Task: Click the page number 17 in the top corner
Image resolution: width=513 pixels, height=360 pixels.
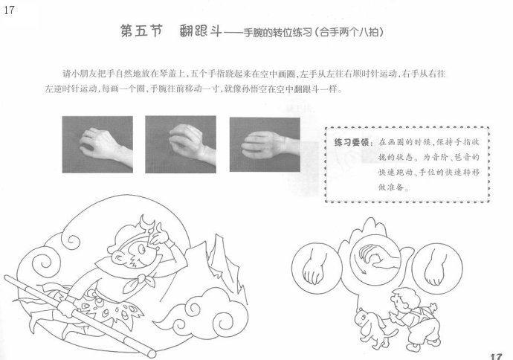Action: tap(9, 10)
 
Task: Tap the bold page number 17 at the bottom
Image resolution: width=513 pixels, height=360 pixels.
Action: tap(496, 356)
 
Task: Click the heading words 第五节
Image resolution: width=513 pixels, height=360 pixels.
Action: tap(141, 31)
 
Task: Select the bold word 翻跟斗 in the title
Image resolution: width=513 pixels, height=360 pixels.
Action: tap(200, 31)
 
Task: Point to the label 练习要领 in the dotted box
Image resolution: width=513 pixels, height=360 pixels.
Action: tap(352, 142)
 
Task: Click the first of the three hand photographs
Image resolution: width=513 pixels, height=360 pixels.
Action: tap(97, 144)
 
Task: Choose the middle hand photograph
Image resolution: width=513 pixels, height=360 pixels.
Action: tap(181, 144)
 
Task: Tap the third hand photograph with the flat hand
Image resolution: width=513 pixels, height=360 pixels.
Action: tap(265, 144)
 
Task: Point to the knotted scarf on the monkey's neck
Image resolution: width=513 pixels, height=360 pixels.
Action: tap(139, 282)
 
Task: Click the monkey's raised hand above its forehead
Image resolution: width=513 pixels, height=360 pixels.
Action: tap(158, 234)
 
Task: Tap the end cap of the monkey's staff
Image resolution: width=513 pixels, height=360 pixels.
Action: tap(151, 353)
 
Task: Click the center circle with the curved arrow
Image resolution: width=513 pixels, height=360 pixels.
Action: tap(375, 260)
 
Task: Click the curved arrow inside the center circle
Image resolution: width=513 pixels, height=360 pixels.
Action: tap(361, 267)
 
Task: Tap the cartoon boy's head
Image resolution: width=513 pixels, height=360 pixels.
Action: tap(404, 300)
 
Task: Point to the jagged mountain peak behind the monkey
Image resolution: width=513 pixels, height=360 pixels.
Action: tap(219, 262)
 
